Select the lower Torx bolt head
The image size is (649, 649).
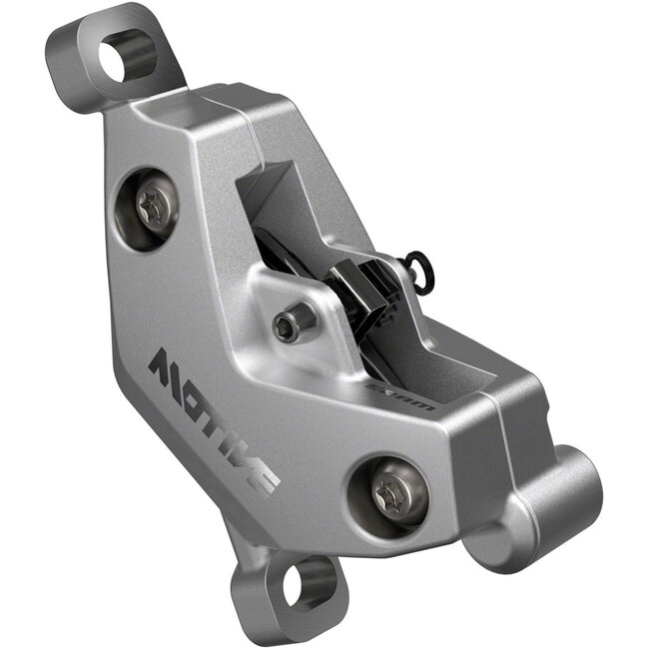389,490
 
